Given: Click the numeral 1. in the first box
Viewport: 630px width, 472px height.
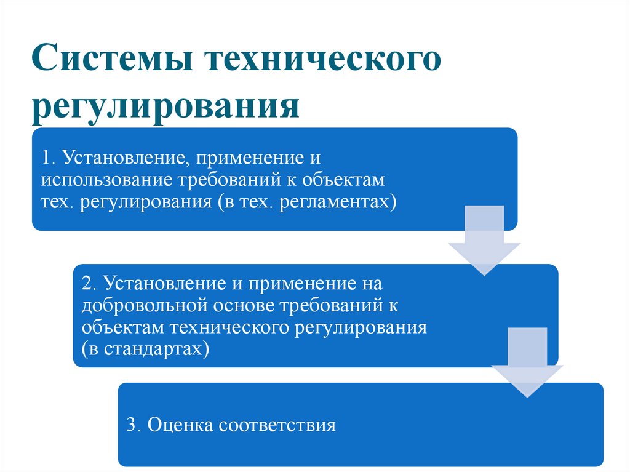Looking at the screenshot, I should click(48, 158).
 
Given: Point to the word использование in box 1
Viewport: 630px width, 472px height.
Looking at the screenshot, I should click(108, 180).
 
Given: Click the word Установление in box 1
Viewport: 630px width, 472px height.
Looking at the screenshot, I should click(123, 158).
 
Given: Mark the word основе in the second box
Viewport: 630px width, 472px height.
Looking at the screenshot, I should click(244, 306).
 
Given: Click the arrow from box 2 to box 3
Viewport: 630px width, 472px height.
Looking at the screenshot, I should click(527, 363).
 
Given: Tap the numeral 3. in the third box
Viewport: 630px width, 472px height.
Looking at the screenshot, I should click(134, 425).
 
